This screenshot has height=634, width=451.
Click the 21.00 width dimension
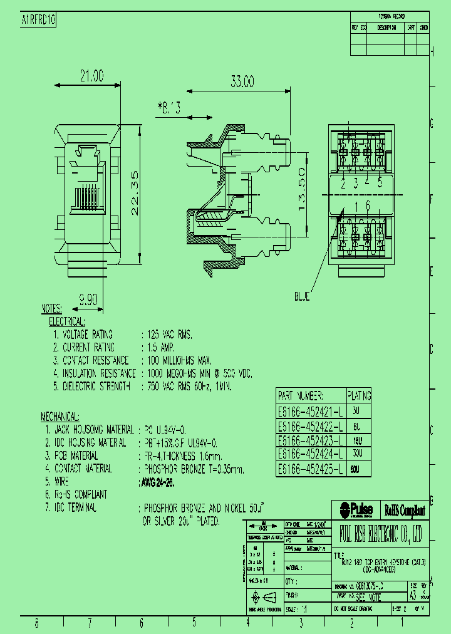pyautogui.click(x=91, y=76)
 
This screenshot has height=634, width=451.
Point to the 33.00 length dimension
pyautogui.click(x=242, y=81)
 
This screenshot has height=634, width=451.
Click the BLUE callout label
pyautogui.click(x=302, y=297)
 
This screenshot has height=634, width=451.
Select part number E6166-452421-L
pyautogui.click(x=310, y=411)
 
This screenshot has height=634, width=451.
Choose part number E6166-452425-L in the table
pyautogui.click(x=310, y=469)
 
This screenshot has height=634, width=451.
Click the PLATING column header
pyautogui.click(x=359, y=396)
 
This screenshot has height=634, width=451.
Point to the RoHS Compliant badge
pyautogui.click(x=404, y=510)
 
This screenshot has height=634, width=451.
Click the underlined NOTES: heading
pyautogui.click(x=51, y=309)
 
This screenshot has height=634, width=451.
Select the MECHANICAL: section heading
pyautogui.click(x=60, y=417)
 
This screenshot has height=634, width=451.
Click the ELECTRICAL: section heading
pyautogui.click(x=67, y=321)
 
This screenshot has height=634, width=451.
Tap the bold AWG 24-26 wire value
pyautogui.click(x=156, y=482)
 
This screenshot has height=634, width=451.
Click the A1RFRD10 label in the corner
pyautogui.click(x=39, y=20)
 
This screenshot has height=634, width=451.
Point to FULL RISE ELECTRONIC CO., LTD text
pyautogui.click(x=381, y=534)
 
